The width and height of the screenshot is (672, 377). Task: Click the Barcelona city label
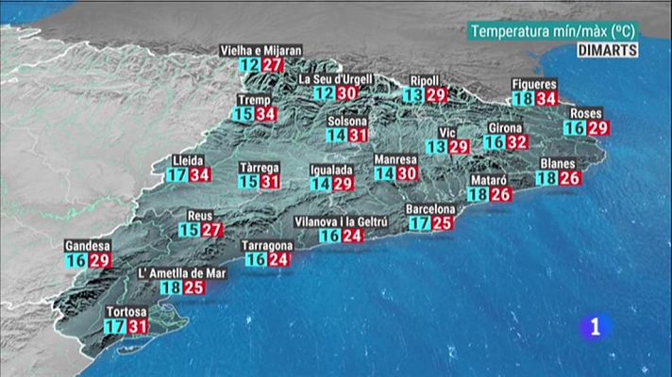pos(430,208)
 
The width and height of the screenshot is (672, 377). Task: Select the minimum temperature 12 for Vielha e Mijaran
pos(249,65)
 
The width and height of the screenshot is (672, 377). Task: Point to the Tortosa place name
pos(126,312)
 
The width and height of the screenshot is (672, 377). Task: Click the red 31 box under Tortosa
pos(138,326)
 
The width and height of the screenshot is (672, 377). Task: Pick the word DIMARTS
pos(608,50)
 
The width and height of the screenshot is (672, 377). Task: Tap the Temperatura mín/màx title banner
pos(553,31)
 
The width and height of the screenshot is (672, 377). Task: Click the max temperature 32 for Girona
pos(515,142)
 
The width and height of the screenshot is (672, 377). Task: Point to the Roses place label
pos(586,114)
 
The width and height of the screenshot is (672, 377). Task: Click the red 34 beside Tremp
pos(266,114)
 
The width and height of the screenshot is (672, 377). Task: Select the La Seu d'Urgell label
pos(334,79)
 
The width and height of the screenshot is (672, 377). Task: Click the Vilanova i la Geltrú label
pos(340,221)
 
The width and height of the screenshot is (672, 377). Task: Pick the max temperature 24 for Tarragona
pos(278,259)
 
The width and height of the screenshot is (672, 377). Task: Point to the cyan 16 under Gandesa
pos(76,260)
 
